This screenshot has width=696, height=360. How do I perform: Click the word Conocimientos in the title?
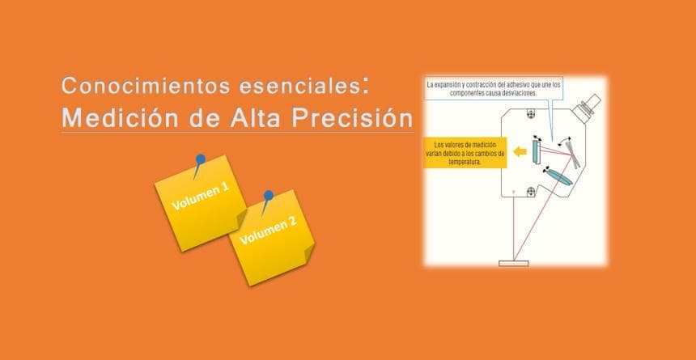point(146,85)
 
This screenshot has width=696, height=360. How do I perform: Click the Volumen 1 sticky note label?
point(201,197)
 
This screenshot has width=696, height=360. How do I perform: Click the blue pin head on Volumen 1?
point(200,159)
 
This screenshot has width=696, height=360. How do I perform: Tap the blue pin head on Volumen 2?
point(268,195)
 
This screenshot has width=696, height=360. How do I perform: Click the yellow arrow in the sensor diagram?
point(520,152)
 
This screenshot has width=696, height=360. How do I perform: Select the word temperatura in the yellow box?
point(465,163)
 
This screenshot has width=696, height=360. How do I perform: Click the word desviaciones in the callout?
point(522,93)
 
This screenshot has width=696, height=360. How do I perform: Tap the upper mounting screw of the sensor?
point(530,114)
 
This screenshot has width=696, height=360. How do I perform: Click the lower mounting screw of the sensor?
point(530,192)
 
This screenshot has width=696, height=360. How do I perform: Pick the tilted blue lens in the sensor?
point(559,177)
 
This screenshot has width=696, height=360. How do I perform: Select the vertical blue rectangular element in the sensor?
point(535,151)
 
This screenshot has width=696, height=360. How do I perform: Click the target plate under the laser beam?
point(514,263)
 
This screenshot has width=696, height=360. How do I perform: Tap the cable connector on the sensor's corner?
point(587,107)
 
